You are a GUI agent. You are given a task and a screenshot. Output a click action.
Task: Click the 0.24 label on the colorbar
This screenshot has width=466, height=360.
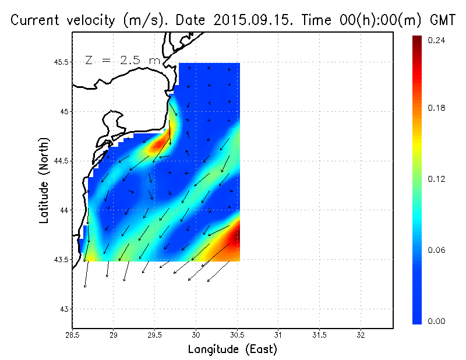coord(436,41)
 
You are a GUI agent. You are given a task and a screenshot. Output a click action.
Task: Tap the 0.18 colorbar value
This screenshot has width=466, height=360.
coord(436,108)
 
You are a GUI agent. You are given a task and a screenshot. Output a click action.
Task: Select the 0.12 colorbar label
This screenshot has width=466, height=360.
coord(436,179)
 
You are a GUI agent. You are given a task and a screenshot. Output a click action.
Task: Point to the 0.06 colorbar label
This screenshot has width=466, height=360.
coord(436,250)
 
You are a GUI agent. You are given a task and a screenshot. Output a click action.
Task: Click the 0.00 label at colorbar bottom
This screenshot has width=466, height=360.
coord(436,321)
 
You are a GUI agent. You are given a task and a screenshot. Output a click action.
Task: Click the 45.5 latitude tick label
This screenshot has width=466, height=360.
coord(60,62)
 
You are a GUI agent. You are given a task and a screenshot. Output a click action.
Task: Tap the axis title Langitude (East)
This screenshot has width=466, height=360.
coord(232,350)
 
